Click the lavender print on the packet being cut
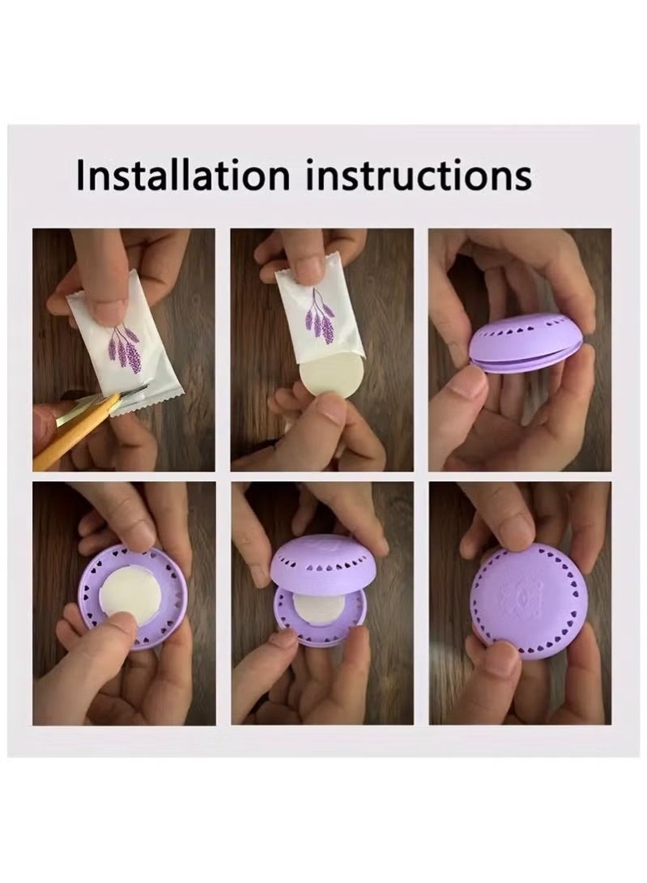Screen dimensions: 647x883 (x=125, y=348)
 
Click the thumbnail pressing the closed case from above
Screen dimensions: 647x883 (x=512, y=518)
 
